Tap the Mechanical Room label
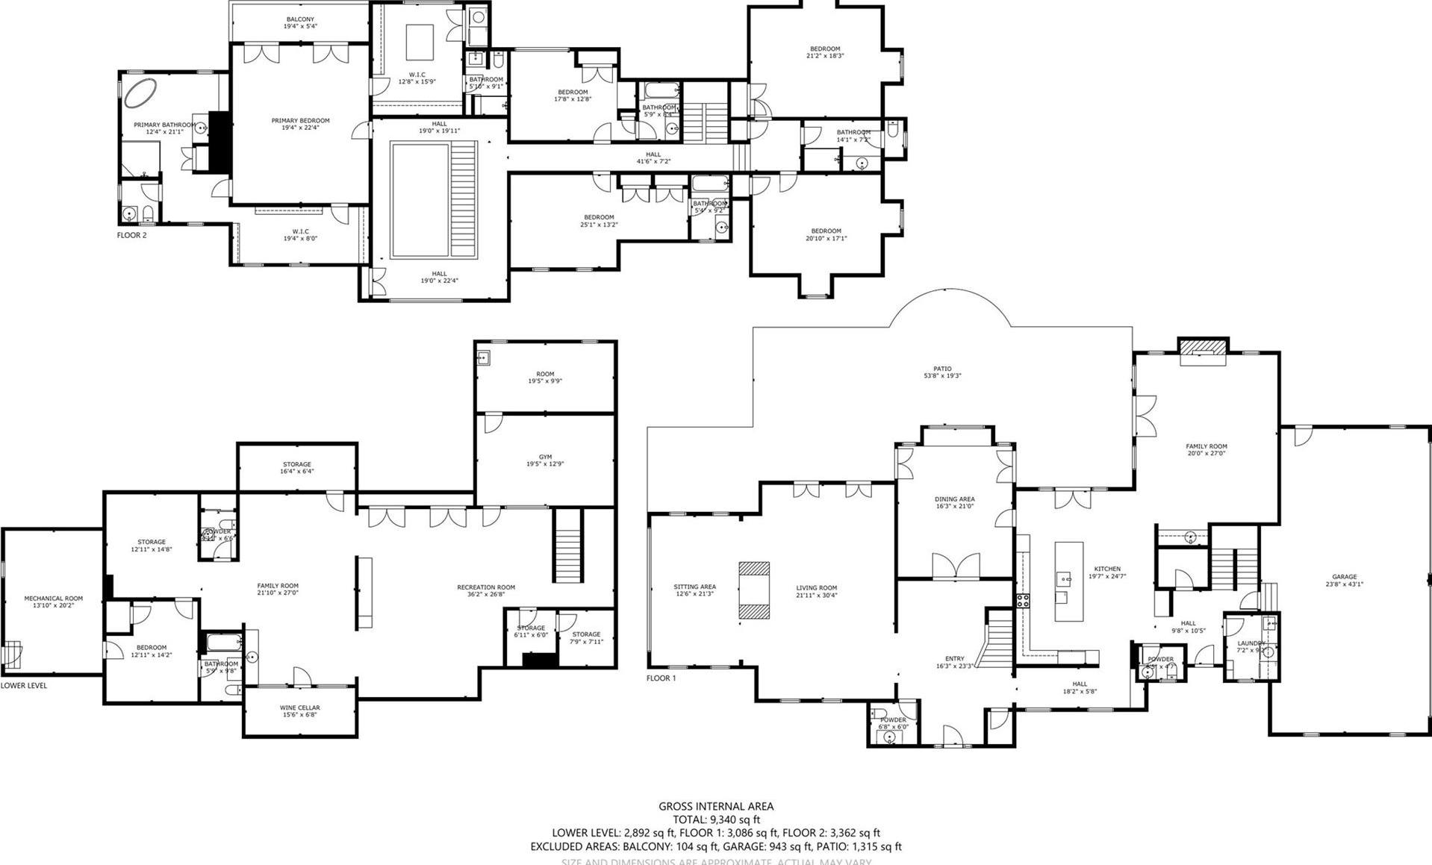pos(53,598)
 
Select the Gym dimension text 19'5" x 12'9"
pos(545,463)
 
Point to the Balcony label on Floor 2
pos(300,19)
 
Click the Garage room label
pos(1344,577)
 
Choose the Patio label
pos(942,369)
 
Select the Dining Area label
pos(954,499)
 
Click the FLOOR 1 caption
pos(661,678)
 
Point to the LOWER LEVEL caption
pos(24,685)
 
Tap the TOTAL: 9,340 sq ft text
pos(715,819)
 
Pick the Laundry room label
pos(1251,643)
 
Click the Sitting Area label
pos(694,587)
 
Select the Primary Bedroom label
pos(300,120)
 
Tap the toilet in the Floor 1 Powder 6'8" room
pos(880,712)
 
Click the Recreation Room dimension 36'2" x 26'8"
pos(486,595)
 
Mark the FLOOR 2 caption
pos(131,235)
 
